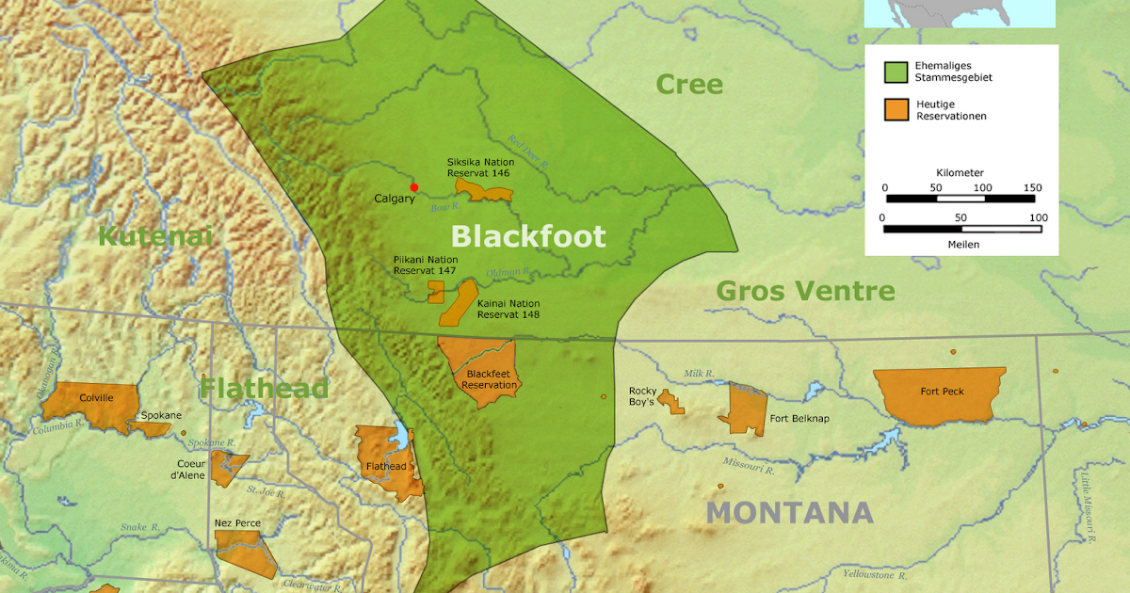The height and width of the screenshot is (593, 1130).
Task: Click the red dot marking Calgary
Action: point(414,187)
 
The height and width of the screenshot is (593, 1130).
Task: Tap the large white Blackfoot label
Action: point(527,236)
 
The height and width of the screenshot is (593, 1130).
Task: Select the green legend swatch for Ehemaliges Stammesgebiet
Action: point(896,72)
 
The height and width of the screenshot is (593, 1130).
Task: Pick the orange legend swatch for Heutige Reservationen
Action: point(896,109)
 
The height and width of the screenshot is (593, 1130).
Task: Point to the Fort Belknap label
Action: point(799,419)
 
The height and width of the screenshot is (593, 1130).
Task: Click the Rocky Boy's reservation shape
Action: point(671,402)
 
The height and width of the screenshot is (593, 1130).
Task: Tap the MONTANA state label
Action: point(789,513)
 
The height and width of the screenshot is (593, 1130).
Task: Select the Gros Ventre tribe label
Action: point(805,291)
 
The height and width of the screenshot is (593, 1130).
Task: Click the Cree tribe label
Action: point(689,85)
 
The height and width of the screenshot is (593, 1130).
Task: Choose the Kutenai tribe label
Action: point(155,236)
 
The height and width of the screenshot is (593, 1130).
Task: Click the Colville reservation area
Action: point(94,405)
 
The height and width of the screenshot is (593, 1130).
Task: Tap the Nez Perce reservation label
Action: point(237,522)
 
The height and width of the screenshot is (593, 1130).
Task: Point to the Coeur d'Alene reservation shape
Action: point(227,467)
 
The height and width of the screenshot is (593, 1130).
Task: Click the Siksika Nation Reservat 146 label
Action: point(480,168)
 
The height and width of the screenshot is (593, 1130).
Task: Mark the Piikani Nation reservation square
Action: point(436,291)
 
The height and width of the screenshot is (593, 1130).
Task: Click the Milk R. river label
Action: point(700,374)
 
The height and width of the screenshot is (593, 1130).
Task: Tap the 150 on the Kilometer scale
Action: point(1032,187)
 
